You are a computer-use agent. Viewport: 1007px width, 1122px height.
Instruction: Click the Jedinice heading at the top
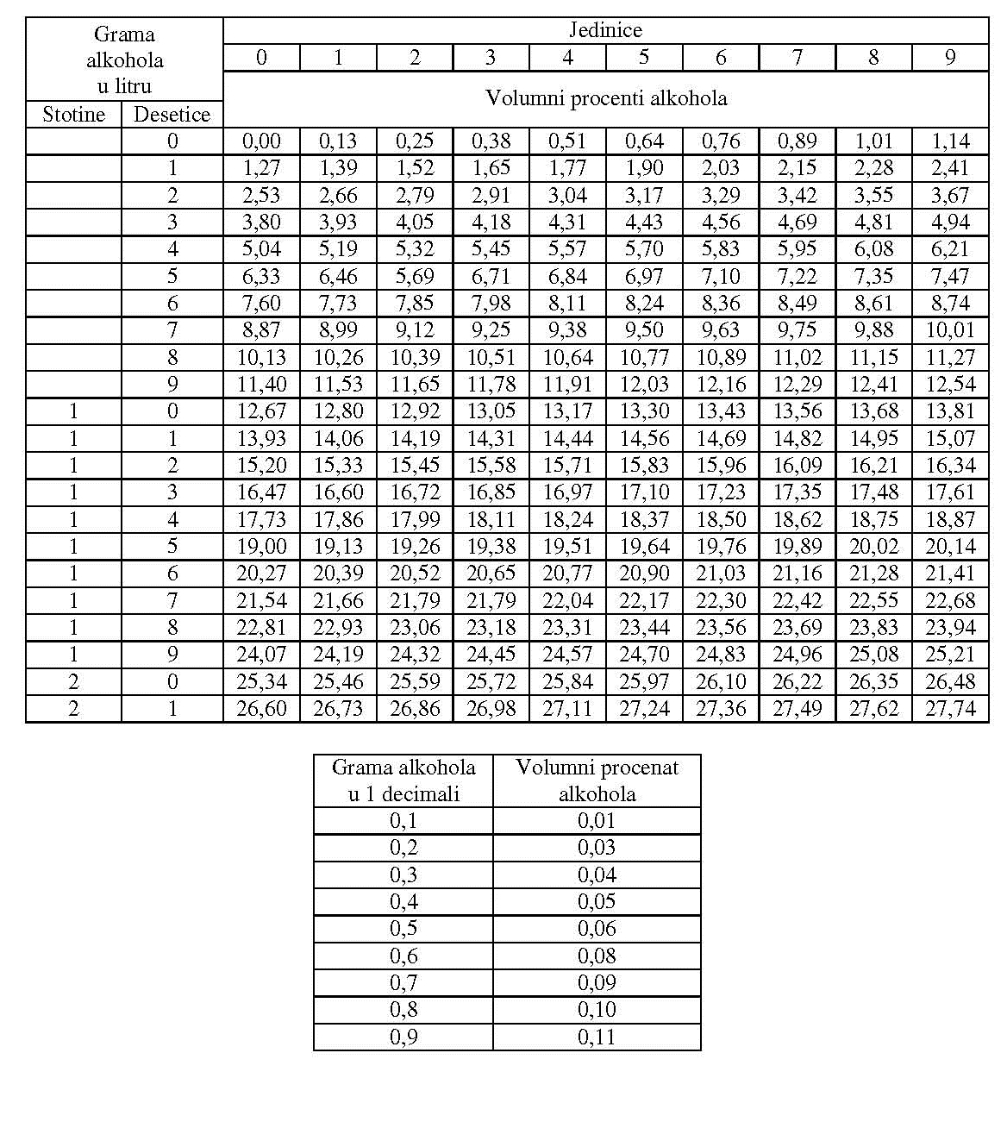[605, 30]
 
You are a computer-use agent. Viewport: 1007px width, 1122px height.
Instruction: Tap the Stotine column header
[73, 115]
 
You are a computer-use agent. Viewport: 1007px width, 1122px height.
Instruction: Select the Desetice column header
[172, 115]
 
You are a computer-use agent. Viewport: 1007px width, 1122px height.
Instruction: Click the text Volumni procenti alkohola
[605, 98]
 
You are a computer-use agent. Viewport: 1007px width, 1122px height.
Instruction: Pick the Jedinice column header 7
[797, 58]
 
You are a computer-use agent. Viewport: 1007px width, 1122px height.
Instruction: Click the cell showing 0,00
[261, 141]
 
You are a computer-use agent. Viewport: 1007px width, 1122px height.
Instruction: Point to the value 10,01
[950, 330]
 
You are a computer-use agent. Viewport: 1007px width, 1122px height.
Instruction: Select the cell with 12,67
[261, 411]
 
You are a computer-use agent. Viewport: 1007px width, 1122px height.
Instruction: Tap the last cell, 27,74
[950, 709]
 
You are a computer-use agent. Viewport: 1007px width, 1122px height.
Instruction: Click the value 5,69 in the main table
[415, 277]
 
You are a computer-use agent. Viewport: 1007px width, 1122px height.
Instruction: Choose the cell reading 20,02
[873, 547]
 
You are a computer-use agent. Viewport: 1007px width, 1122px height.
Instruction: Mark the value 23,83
[873, 628]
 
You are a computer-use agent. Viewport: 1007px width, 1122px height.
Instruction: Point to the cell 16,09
[797, 466]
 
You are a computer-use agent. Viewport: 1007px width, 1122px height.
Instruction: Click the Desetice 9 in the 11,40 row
[172, 385]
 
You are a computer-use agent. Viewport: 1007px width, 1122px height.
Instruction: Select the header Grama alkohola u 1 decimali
[403, 780]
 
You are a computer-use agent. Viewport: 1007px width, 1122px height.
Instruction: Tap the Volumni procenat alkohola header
[597, 780]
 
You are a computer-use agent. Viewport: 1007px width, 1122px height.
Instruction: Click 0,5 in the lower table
[403, 929]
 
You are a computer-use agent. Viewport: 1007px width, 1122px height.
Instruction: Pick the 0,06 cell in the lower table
[597, 929]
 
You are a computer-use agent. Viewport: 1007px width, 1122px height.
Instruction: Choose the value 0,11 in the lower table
[597, 1037]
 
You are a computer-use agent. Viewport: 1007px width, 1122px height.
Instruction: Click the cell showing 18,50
[721, 520]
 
